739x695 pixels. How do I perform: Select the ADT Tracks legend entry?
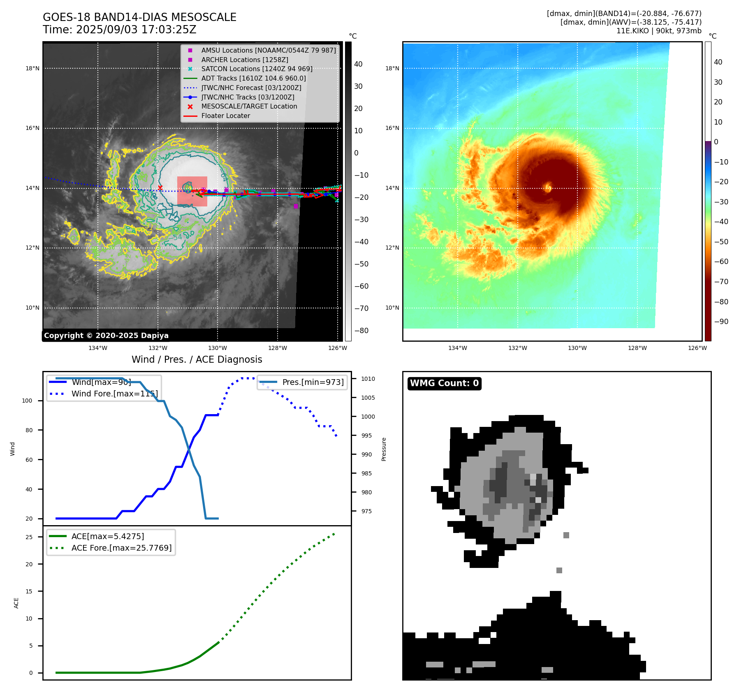coord(253,78)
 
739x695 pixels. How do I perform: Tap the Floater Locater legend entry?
coord(225,116)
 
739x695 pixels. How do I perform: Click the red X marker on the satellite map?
coord(160,188)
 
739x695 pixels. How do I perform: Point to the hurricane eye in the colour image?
coord(548,188)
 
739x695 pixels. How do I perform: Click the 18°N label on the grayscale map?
coord(32,68)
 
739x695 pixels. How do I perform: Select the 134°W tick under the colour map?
coord(457,348)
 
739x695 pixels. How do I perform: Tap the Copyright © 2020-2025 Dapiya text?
coord(106,336)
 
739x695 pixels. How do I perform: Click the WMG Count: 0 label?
coord(444,383)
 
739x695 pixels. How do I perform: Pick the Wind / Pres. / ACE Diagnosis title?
coord(197,359)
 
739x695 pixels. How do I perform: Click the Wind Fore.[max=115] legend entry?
coord(114,394)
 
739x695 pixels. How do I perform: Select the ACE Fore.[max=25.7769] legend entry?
coord(121,548)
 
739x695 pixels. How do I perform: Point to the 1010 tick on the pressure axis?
coord(368,379)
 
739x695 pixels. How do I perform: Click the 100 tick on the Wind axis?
coord(27,401)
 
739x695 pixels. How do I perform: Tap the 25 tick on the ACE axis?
coord(29,537)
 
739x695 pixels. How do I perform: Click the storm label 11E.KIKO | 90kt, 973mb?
coord(659,31)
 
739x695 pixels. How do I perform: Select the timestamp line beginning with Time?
coord(120,30)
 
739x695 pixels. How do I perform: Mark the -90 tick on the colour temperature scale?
coord(721,322)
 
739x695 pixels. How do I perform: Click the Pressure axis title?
coord(384,449)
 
